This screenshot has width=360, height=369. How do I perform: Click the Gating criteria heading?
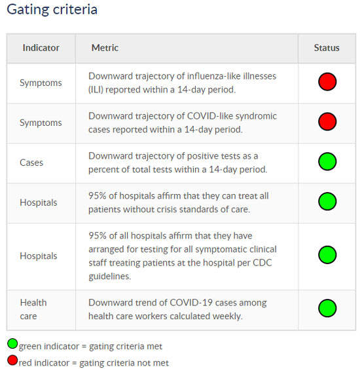[52, 10]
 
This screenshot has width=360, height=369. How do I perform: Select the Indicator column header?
[41, 48]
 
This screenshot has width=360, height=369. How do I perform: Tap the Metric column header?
[105, 48]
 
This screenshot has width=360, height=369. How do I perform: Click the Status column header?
[327, 48]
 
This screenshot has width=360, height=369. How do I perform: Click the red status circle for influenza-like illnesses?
[327, 82]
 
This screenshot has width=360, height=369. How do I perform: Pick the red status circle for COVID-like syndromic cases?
[327, 122]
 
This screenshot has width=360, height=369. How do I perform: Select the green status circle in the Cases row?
[327, 161]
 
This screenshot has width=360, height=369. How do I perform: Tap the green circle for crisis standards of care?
[327, 201]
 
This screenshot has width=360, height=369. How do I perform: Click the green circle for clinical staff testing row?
[327, 255]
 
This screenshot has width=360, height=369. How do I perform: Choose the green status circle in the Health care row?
[327, 308]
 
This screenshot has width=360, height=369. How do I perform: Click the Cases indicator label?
[31, 163]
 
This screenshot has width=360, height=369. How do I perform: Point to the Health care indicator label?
[33, 309]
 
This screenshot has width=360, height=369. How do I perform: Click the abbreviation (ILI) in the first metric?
[96, 90]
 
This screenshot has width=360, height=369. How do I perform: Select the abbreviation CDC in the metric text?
[262, 263]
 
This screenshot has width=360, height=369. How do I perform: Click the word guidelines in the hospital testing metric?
[110, 277]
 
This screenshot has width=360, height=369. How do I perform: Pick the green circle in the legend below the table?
[12, 343]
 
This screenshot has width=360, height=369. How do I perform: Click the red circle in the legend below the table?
[12, 360]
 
